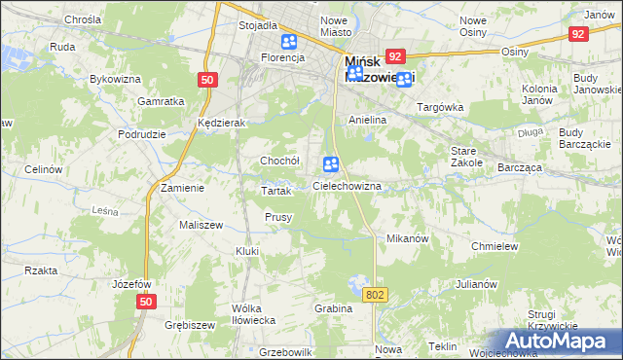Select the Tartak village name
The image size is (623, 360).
point(276,191)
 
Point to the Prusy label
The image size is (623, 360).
point(278,217)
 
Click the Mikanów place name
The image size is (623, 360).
point(408,238)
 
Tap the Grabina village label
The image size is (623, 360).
point(333,308)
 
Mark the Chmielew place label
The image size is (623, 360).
point(494,246)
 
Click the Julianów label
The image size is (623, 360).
point(476,285)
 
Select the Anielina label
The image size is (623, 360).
point(368,120)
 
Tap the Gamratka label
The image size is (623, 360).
point(162,101)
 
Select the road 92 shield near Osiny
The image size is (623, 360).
point(579,34)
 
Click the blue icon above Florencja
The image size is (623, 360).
point(289,42)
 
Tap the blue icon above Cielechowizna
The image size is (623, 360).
point(330,165)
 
